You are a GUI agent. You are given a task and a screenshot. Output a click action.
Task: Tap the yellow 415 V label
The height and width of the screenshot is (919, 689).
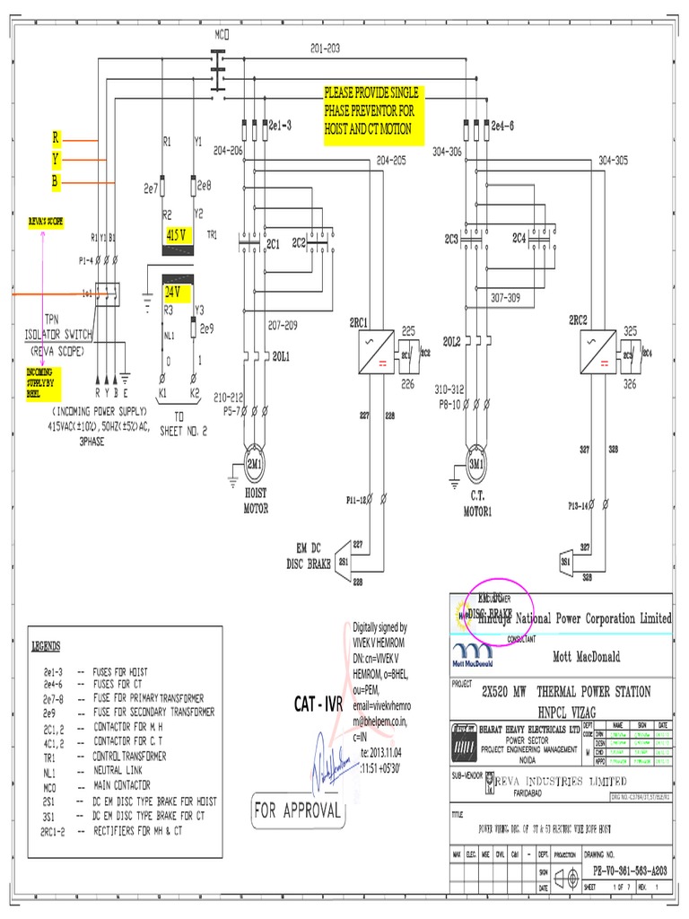(x=178, y=234)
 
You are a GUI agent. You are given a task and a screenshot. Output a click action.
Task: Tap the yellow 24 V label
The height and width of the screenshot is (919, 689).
(x=172, y=292)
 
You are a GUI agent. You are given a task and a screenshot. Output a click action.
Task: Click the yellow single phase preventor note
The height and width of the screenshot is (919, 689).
(x=372, y=111)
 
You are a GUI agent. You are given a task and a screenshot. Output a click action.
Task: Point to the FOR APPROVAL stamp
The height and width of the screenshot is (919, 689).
(x=298, y=810)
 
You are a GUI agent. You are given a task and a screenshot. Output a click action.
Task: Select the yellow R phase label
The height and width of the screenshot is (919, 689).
(x=56, y=138)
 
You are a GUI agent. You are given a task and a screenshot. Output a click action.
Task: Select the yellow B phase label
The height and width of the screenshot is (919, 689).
(x=56, y=181)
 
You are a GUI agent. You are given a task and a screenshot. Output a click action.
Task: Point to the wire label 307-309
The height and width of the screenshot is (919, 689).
(x=504, y=297)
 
